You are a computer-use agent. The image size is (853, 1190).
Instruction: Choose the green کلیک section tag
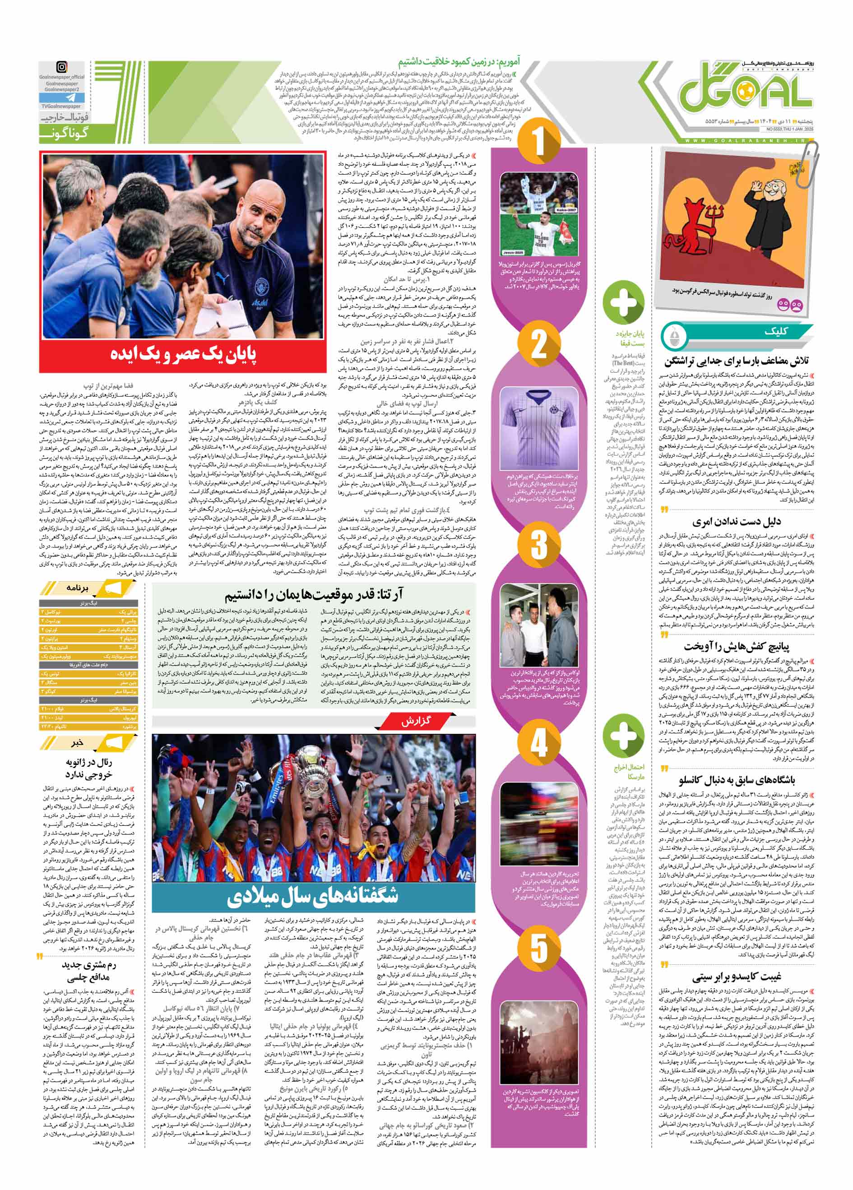tap(771, 332)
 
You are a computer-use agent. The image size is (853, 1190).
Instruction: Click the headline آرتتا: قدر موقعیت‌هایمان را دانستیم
tap(315, 595)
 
